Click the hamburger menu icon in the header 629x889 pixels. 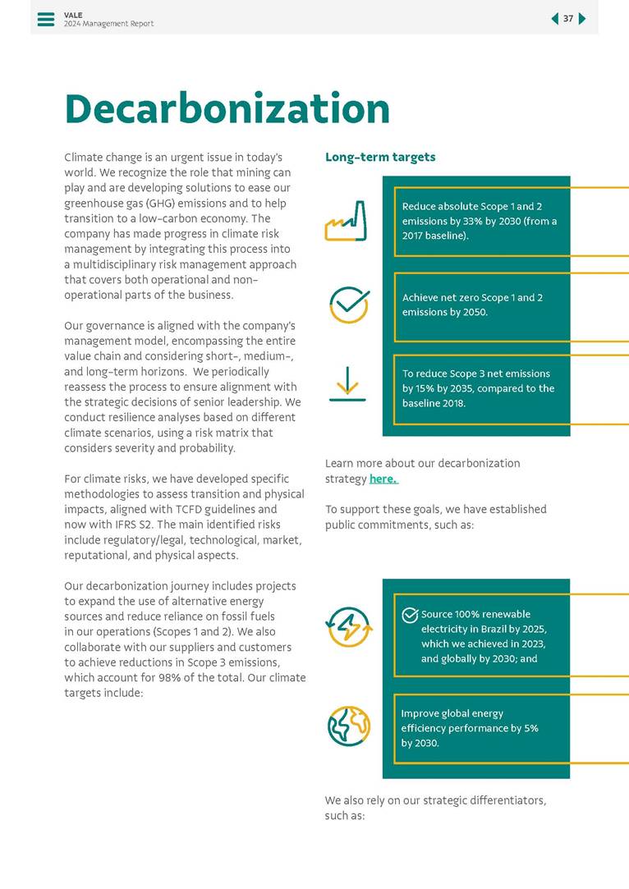pyautogui.click(x=46, y=19)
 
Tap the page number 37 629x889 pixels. pyautogui.click(x=568, y=19)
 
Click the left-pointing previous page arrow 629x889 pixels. pyautogui.click(x=554, y=19)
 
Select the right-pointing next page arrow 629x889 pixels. pyautogui.click(x=582, y=19)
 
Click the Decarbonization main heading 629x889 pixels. pyautogui.click(x=227, y=108)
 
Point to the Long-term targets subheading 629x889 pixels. pyautogui.click(x=380, y=157)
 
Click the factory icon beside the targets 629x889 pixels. pyautogui.click(x=346, y=222)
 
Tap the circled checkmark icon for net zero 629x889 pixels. pyautogui.click(x=348, y=305)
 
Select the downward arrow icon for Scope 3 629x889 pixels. pyautogui.click(x=347, y=383)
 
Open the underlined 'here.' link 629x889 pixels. pyautogui.click(x=383, y=479)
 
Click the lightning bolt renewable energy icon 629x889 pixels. pyautogui.click(x=349, y=627)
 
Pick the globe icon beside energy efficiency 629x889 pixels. pyautogui.click(x=348, y=726)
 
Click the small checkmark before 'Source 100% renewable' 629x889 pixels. pyautogui.click(x=410, y=615)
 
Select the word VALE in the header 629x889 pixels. pyautogui.click(x=73, y=15)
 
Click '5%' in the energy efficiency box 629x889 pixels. pyautogui.click(x=530, y=728)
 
